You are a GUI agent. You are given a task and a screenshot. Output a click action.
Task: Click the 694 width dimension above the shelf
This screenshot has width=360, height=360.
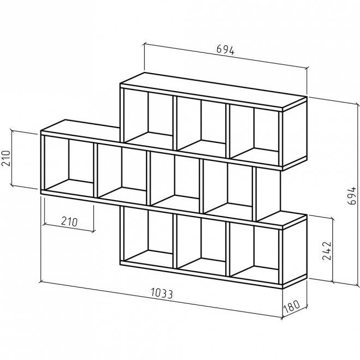[225, 50]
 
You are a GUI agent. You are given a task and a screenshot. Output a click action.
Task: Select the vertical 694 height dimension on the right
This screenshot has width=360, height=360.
[351, 196]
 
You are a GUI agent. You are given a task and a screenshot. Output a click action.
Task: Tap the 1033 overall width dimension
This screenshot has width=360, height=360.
[161, 293]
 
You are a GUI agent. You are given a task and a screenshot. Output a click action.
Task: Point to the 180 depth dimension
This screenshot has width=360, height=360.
[292, 306]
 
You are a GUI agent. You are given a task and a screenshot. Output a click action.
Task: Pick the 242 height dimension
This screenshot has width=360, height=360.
[327, 250]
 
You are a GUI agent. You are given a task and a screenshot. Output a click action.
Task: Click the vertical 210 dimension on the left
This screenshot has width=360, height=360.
[6, 158]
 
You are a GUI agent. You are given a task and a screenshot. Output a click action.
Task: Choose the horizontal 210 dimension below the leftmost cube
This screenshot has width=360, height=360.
[69, 221]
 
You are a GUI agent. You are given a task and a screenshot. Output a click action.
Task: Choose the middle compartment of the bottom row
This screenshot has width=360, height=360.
[201, 245]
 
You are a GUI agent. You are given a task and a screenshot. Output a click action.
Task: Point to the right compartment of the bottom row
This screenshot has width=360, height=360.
[254, 253]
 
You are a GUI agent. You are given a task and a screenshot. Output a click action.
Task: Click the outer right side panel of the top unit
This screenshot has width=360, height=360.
[295, 134]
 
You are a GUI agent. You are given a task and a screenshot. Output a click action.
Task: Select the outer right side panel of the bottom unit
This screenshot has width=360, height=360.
[295, 251]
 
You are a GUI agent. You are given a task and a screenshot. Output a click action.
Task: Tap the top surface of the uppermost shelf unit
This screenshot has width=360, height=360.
[213, 90]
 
